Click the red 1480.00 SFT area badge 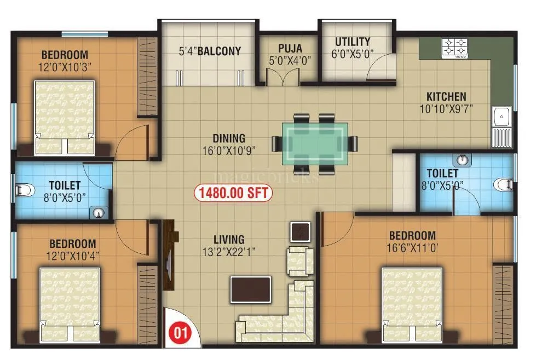(233, 193)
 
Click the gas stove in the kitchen (454, 48)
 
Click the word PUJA (290, 49)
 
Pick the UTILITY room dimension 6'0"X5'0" (353, 54)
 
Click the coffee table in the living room (251, 289)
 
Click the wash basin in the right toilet (463, 160)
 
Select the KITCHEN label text (447, 96)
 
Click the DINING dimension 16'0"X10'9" (229, 149)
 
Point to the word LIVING (229, 240)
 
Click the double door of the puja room (283, 78)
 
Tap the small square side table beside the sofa (301, 232)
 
